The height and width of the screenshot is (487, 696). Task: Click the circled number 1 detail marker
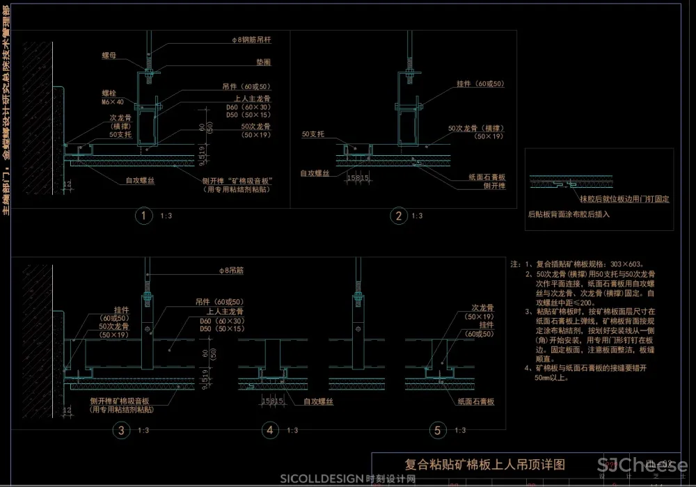click(x=143, y=216)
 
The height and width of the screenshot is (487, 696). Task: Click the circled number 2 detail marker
click(x=399, y=216)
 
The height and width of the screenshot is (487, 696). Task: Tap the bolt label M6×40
click(x=108, y=102)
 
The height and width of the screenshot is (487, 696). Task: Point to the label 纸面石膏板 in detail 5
click(x=475, y=402)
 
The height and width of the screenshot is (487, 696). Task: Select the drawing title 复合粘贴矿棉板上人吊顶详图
click(x=484, y=465)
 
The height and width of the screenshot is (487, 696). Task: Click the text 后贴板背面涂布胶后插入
click(x=569, y=214)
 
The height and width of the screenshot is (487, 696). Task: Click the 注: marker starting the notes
click(x=516, y=265)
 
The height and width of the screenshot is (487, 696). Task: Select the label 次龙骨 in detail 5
click(x=482, y=307)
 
